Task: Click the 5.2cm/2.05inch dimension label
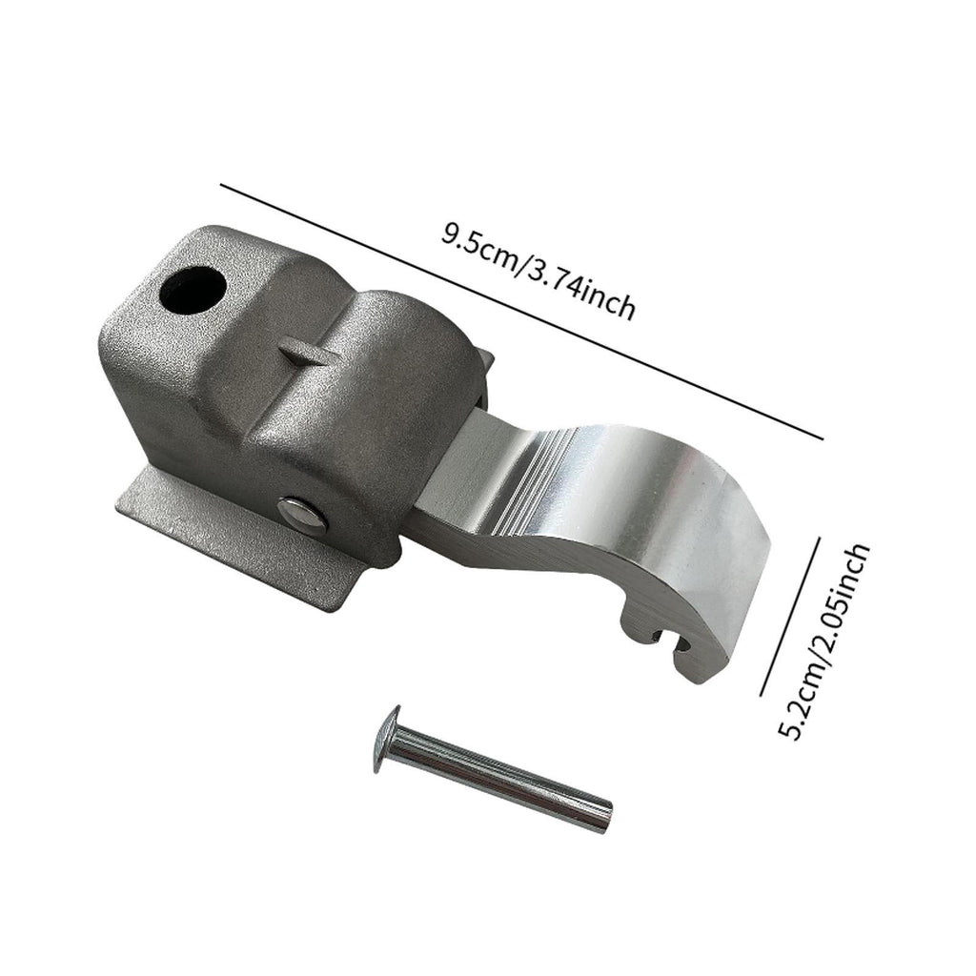[x=823, y=641]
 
